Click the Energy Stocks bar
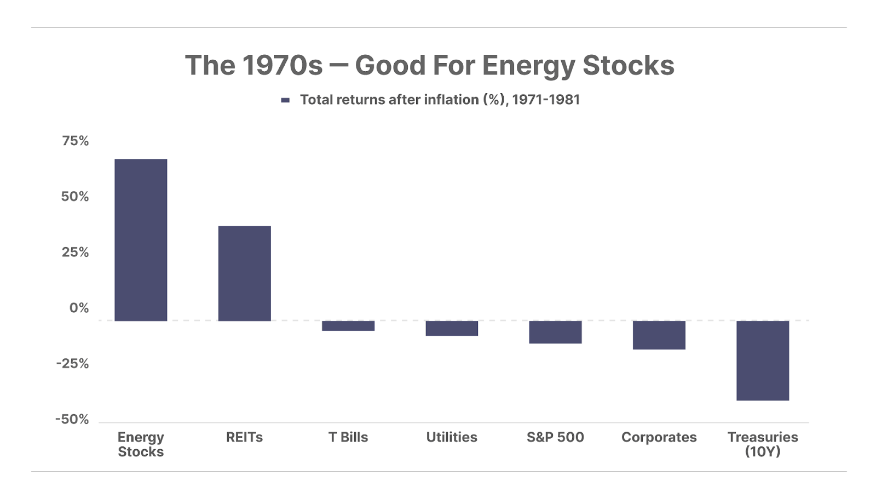tap(141, 240)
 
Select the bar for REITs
tap(244, 273)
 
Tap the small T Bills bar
tap(348, 325)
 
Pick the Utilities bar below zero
tap(452, 328)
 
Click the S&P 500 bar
tap(555, 332)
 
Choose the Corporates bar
tap(659, 335)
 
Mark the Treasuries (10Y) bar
tap(763, 360)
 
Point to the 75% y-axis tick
tap(76, 141)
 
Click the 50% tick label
tap(75, 197)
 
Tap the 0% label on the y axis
tap(79, 308)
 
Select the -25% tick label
tap(73, 364)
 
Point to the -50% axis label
tap(72, 420)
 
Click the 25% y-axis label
tap(76, 253)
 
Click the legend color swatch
tap(285, 101)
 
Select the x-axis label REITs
tap(244, 437)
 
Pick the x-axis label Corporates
tap(659, 437)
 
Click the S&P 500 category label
tap(555, 437)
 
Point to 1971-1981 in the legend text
tap(546, 100)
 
